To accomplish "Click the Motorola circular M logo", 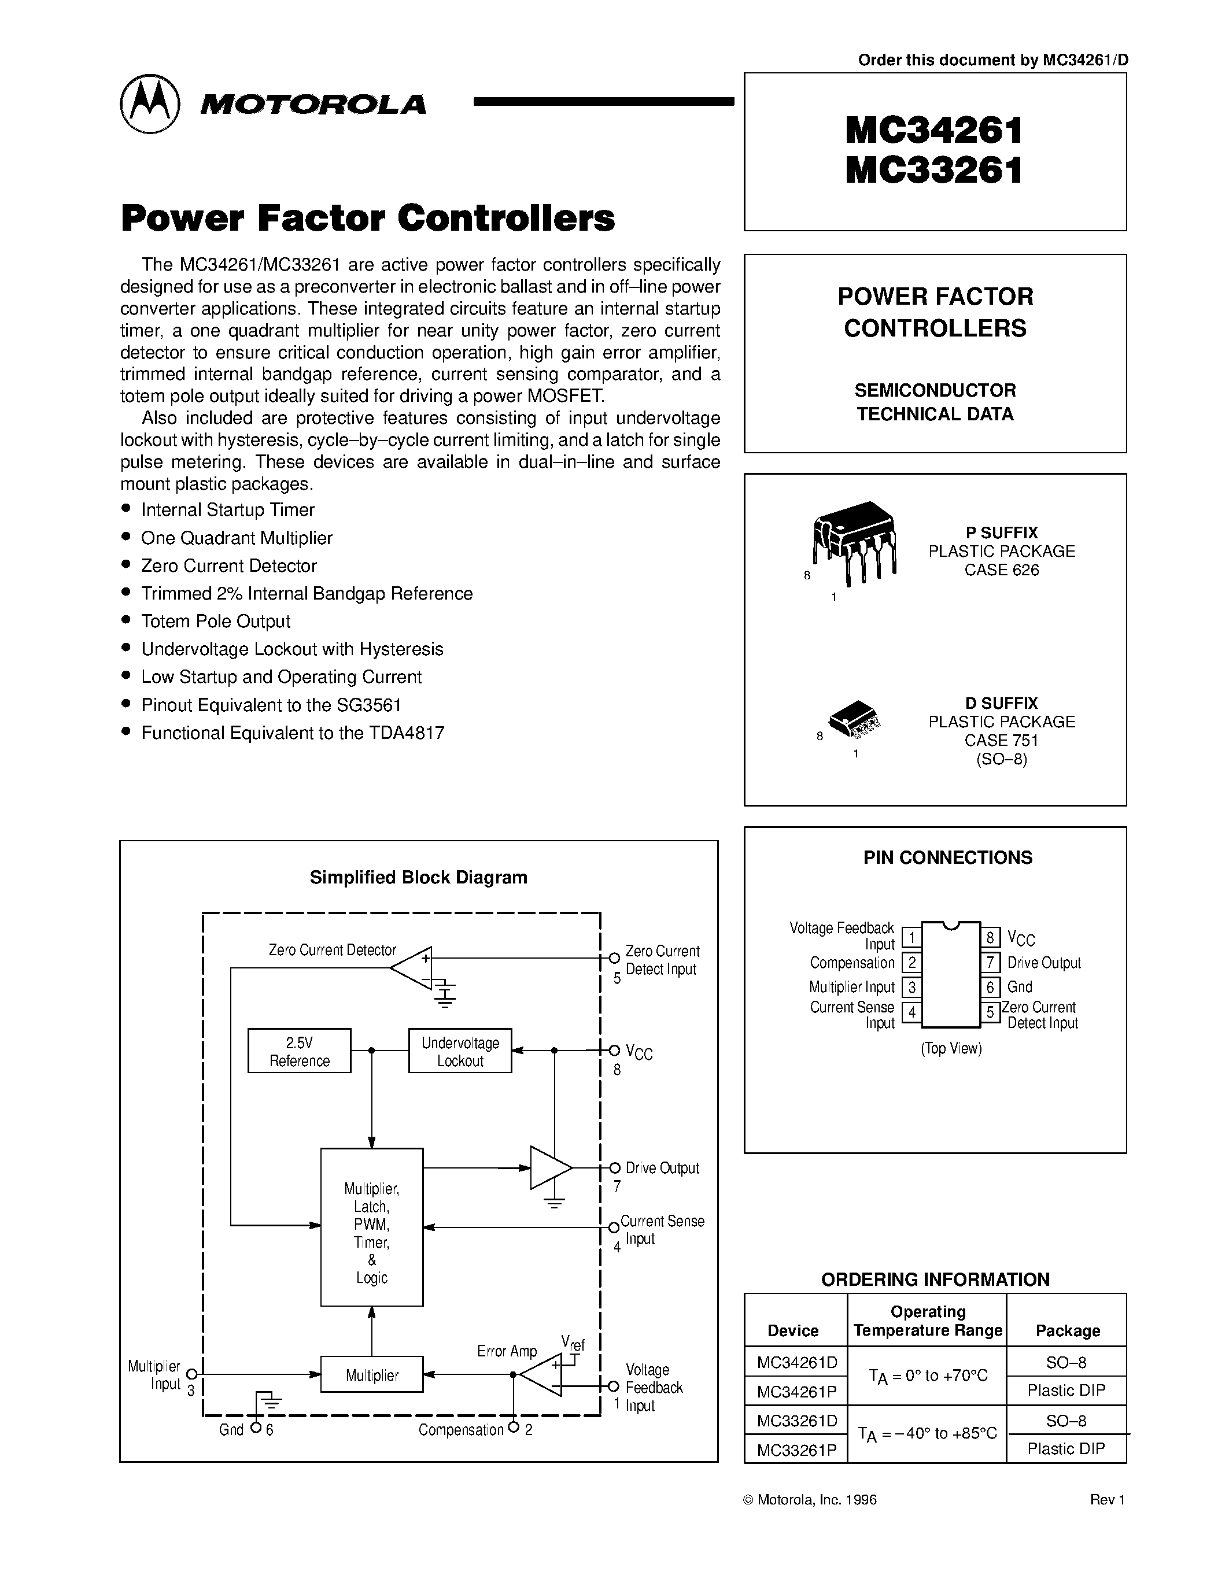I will point(149,103).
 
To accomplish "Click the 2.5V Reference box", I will point(299,1051).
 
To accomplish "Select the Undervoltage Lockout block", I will point(460,1051).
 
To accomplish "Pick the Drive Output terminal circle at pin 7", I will point(614,1168).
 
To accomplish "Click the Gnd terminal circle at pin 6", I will point(256,1428).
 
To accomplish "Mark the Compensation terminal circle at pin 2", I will point(514,1428).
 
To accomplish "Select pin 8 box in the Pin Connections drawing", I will point(990,938).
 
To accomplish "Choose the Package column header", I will point(1068,1331).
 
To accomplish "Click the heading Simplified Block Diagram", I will point(419,877).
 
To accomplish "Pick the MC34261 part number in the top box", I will point(934,131).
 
